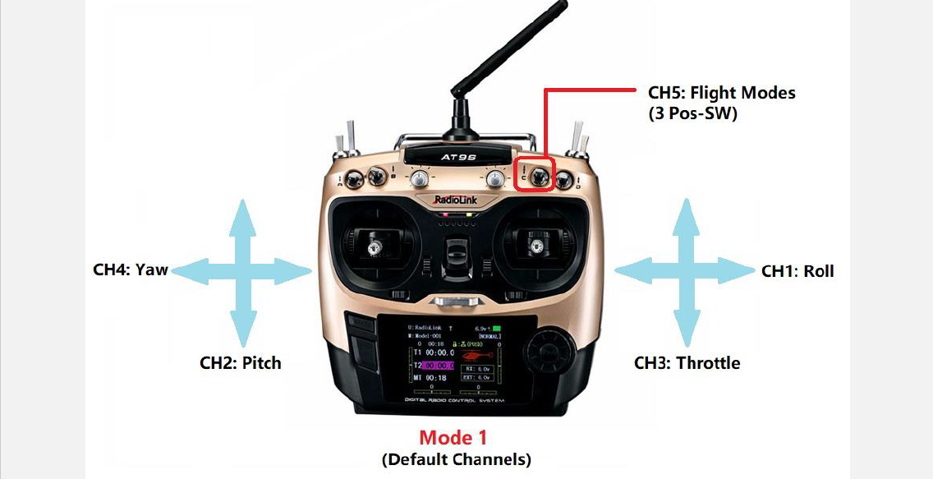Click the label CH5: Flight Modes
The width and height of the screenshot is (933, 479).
[721, 93]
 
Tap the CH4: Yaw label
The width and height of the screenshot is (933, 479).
[130, 269]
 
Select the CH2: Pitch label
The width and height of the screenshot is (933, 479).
[241, 362]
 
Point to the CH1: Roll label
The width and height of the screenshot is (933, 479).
[797, 271]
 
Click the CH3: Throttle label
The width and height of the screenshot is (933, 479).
[687, 362]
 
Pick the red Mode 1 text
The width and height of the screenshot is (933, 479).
[453, 437]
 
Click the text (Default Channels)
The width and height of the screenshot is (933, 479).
[456, 458]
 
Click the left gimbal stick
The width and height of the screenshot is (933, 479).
[375, 244]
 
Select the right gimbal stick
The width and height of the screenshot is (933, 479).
[538, 243]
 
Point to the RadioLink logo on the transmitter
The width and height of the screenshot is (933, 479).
[457, 199]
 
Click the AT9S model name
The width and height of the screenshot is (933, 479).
[454, 155]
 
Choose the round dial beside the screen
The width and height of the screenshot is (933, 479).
[546, 354]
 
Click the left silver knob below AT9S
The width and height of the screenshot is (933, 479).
[418, 177]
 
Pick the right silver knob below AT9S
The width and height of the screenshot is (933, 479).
[494, 177]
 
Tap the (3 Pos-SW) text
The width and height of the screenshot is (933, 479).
[692, 114]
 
